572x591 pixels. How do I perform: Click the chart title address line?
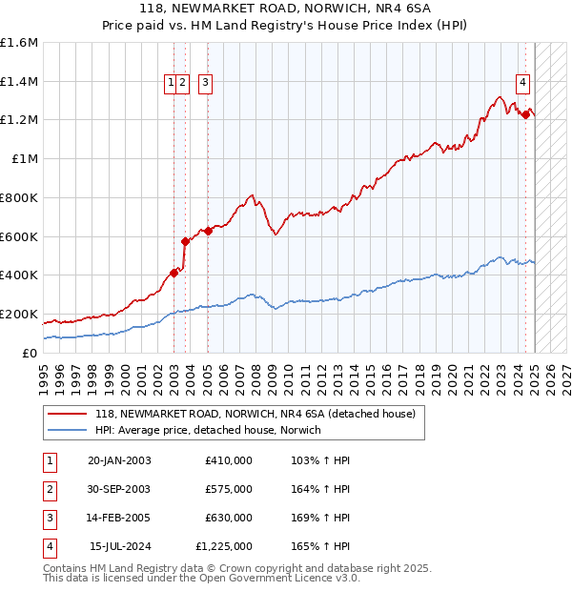286,8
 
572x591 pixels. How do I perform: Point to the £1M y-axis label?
26,159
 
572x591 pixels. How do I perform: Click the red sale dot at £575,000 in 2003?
186,241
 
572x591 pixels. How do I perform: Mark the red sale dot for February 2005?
208,231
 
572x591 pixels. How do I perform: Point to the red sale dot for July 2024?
525,114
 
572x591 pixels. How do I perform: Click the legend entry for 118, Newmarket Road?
255,415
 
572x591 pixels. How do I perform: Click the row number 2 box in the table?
49,490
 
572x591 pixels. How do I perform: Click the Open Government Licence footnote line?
201,578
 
